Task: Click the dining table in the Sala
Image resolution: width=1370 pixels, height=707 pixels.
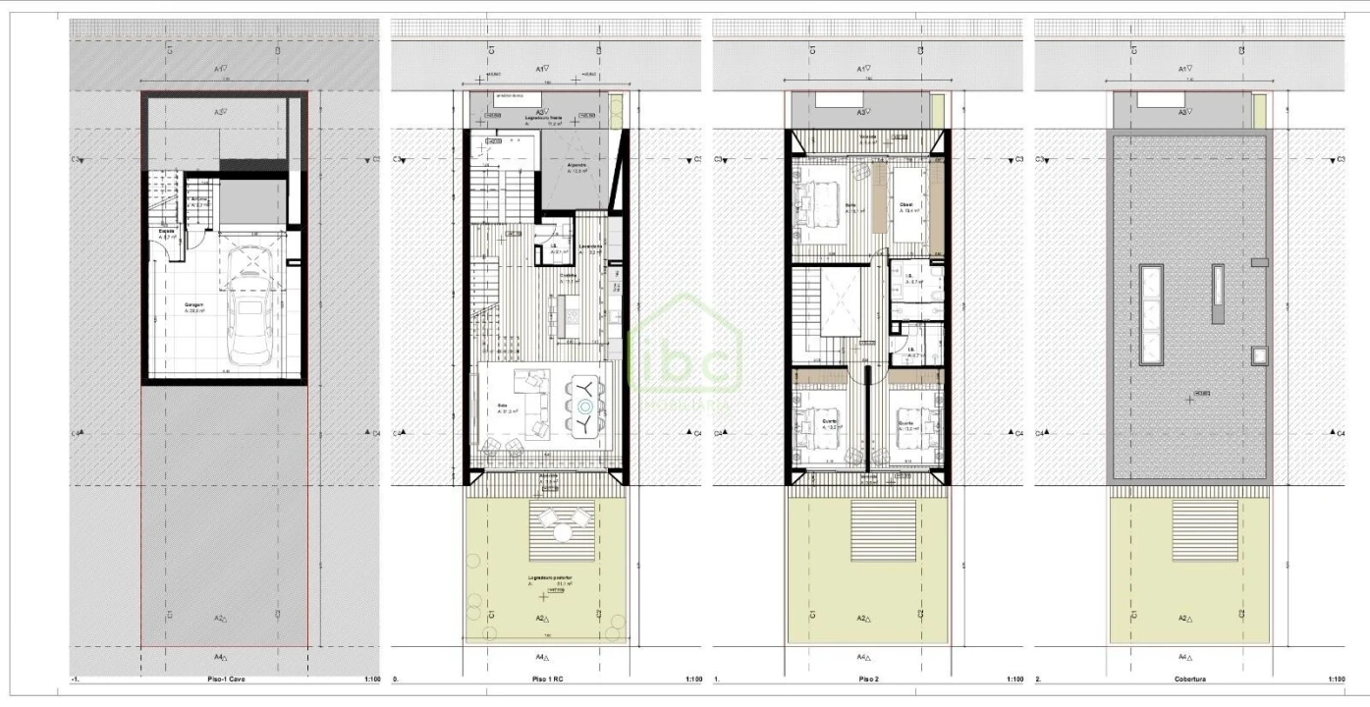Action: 585,404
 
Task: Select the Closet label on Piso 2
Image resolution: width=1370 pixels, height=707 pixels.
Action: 905,205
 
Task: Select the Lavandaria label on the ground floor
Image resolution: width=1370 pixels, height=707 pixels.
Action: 590,246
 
